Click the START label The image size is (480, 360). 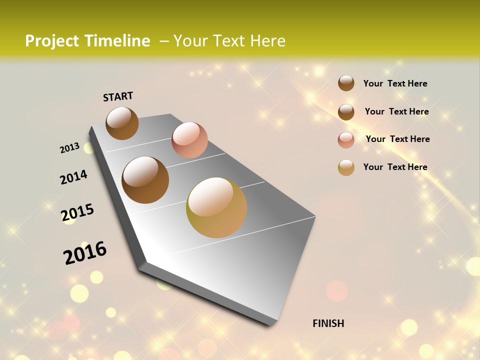(x=118, y=96)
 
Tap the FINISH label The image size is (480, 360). (x=328, y=323)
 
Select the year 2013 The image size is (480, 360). (x=69, y=148)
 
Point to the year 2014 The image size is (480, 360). (x=73, y=177)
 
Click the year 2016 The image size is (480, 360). (x=85, y=252)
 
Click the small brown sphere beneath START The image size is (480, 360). (x=122, y=123)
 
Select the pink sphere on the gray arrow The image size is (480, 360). (x=189, y=140)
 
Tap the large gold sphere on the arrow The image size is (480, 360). (x=216, y=207)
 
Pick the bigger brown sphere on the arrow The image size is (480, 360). (x=145, y=180)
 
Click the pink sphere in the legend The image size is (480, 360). (x=346, y=139)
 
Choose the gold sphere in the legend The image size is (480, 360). (x=346, y=167)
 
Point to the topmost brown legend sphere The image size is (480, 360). (x=346, y=83)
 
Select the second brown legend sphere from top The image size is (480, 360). (x=346, y=111)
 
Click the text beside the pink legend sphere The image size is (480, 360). (x=397, y=139)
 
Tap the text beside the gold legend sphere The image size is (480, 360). (x=395, y=167)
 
